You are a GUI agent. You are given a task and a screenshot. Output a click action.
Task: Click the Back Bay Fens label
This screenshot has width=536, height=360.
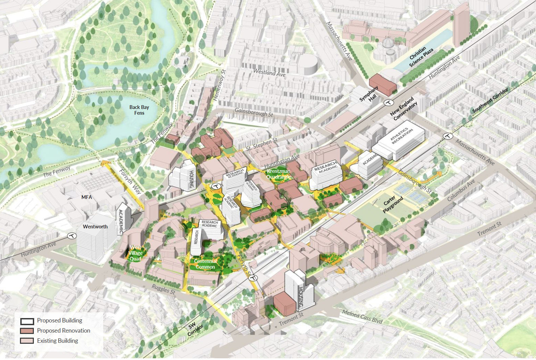coord(139,110)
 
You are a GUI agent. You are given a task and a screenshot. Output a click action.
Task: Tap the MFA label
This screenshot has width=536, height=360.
coord(87,197)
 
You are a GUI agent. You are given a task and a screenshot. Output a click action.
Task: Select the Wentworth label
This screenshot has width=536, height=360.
coord(95,227)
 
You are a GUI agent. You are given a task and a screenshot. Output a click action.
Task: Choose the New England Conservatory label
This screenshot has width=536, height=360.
coord(404,109)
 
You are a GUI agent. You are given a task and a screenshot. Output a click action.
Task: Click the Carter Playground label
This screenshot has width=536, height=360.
coord(393,204)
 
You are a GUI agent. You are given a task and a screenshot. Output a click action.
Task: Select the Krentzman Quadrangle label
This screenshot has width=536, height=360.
coord(278,174)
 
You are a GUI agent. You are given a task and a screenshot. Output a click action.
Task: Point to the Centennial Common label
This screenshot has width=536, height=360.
coord(205,264)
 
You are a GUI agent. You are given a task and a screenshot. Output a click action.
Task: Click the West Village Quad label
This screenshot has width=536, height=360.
coord(135,253)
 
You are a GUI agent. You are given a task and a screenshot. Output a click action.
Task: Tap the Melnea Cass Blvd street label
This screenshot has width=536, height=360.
coord(362,316)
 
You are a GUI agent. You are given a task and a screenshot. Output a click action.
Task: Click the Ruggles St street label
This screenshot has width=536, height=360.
coord(163,289)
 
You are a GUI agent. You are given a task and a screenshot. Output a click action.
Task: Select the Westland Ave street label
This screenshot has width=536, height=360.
coord(269,73)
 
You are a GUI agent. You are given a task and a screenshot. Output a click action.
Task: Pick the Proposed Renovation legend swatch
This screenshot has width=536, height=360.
coord(27,331)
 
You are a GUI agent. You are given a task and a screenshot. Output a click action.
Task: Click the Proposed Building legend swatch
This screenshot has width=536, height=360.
coord(27,321)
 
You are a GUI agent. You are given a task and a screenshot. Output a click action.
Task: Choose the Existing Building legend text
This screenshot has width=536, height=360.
coord(58,341)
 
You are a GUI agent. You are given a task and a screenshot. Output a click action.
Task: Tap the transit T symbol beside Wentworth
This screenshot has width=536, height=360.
coord(72,236)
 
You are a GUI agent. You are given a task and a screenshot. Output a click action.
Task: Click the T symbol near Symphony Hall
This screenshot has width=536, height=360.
coord(389,103)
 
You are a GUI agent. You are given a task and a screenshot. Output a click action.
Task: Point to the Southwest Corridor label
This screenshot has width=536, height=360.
coord(490,100)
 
